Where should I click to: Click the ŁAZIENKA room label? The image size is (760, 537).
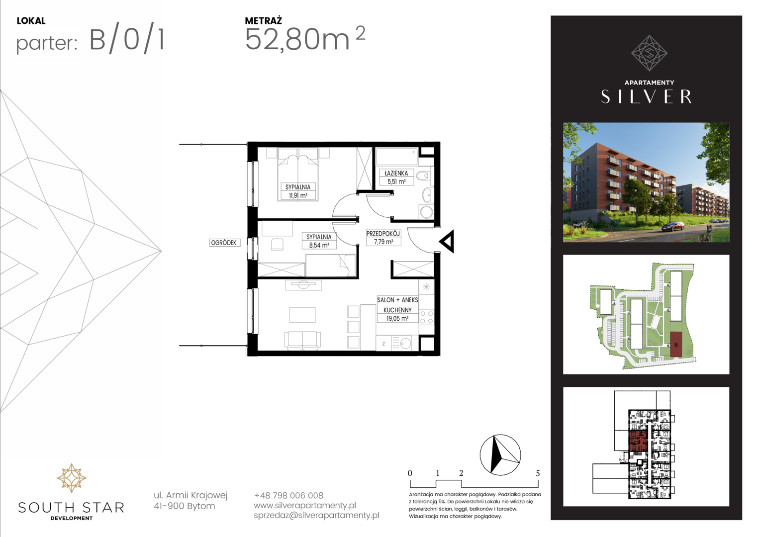(396, 173)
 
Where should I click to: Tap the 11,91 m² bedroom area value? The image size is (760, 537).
(298, 195)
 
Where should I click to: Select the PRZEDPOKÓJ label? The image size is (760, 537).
(383, 233)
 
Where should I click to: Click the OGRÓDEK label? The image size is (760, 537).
(224, 243)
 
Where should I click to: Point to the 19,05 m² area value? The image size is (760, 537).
(397, 319)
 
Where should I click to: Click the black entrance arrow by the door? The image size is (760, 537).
(447, 242)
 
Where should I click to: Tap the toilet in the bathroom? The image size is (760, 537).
(423, 176)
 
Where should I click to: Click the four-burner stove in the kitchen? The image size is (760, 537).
(426, 317)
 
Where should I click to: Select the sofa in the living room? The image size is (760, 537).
(302, 341)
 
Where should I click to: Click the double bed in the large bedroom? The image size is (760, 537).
(298, 174)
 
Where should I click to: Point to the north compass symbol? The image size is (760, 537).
(500, 454)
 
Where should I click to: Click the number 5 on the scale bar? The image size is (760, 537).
(538, 473)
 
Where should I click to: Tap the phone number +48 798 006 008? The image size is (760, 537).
(288, 495)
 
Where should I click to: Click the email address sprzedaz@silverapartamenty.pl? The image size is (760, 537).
(316, 515)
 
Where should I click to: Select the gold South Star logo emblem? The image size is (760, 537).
(71, 478)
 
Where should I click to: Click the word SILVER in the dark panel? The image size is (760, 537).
(646, 96)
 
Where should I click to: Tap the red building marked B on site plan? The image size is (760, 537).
(676, 345)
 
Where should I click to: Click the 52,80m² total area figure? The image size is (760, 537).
(305, 39)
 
